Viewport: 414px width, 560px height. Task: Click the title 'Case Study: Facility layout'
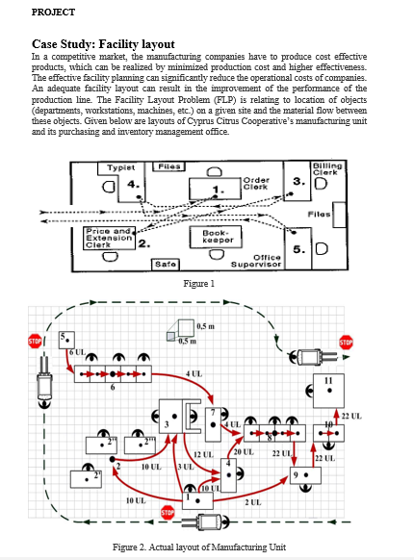point(104,44)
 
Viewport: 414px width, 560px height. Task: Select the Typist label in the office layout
point(124,167)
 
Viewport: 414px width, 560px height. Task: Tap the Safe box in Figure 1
point(164,263)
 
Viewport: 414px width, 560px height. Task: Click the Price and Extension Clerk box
point(109,238)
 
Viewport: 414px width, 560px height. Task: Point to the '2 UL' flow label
point(252,503)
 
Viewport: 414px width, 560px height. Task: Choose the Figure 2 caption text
point(199,547)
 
